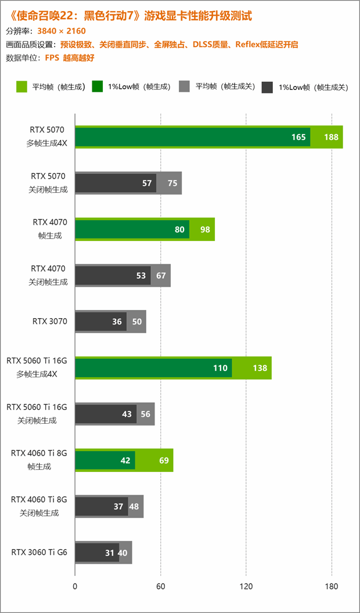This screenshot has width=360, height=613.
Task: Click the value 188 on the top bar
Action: point(331,138)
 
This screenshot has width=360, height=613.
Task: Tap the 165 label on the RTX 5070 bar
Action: point(298,138)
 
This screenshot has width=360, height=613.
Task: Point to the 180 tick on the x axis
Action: point(332,587)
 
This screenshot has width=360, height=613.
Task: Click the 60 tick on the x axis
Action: point(161,587)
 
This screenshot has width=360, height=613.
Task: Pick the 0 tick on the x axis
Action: point(75,587)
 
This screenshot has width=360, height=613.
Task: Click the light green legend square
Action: point(22,87)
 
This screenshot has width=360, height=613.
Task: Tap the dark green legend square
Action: point(97,87)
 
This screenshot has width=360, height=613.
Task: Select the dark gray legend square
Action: point(268,87)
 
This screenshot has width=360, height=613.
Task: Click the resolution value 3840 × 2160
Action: point(62,31)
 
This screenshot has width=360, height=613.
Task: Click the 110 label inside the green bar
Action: point(220,368)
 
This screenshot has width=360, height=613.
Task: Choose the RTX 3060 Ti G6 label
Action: point(39,552)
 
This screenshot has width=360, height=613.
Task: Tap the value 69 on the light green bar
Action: point(164,460)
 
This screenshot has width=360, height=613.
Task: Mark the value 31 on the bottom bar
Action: point(110,553)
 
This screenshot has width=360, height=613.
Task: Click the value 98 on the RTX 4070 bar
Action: point(205,229)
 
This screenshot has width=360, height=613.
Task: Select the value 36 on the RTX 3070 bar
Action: point(117,322)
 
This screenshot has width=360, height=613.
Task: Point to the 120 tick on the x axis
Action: point(246,587)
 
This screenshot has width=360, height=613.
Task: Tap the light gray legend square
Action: point(184,87)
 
